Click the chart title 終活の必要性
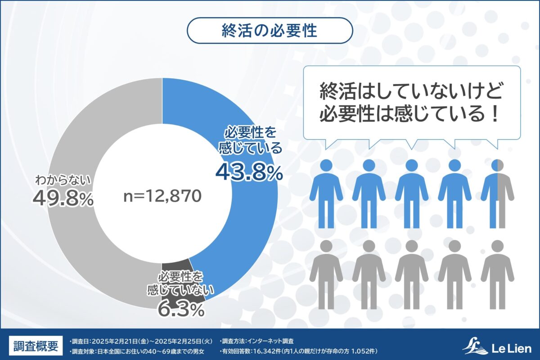[x=270, y=31]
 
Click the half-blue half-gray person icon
[x=497, y=193]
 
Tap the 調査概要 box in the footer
[x=36, y=346]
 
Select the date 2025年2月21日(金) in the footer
[x=123, y=341]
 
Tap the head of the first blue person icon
[x=326, y=166]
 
